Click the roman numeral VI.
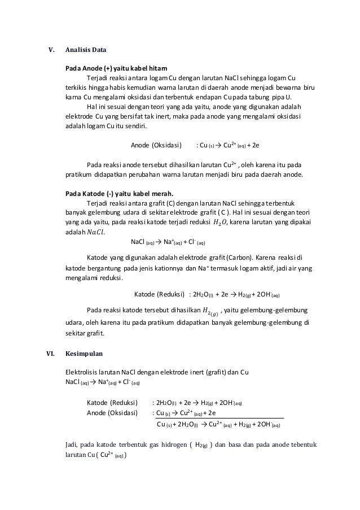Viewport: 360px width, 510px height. pos(50,354)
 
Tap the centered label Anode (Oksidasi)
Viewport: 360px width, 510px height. pos(156,145)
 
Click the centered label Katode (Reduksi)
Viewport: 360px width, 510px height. pos(160,294)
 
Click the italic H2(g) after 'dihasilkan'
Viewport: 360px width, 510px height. pos(211,310)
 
